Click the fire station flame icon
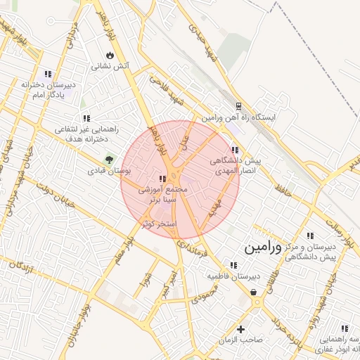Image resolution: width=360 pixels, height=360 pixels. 110,55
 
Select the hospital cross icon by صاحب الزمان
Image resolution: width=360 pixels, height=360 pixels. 241,329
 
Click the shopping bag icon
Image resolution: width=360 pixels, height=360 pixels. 253,292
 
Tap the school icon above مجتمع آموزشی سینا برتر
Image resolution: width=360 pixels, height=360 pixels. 162,179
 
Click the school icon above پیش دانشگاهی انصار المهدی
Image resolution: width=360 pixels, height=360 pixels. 235,150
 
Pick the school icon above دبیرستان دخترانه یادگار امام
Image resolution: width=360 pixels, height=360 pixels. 48,74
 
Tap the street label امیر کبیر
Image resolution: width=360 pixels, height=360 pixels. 168,281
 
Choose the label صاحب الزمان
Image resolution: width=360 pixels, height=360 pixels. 240,340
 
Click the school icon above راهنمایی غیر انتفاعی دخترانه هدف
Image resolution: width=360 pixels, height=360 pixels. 86,119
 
